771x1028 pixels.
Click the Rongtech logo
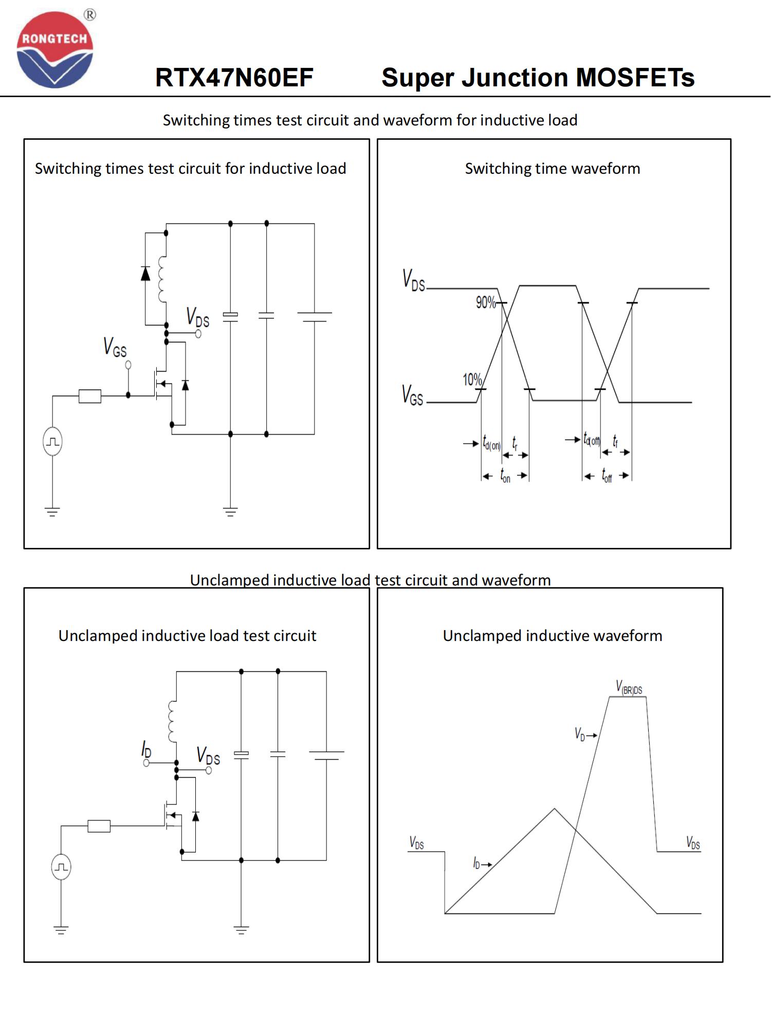[x=55, y=50]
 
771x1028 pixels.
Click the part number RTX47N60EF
[x=234, y=78]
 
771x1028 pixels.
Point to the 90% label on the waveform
[x=485, y=302]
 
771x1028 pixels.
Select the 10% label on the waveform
[x=472, y=380]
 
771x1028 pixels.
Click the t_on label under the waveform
[x=505, y=475]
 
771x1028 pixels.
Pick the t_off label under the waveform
[x=607, y=475]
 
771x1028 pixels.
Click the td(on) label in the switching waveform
[x=491, y=443]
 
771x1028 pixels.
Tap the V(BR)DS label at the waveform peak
[x=629, y=687]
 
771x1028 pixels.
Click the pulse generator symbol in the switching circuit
[x=52, y=442]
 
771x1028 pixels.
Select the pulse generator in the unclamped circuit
[x=61, y=867]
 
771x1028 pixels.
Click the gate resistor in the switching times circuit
[x=90, y=396]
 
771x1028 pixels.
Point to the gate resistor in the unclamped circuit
[x=99, y=826]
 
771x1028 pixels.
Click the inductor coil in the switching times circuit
[x=162, y=279]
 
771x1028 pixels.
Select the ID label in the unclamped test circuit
[x=146, y=750]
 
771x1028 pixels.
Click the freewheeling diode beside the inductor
[x=145, y=273]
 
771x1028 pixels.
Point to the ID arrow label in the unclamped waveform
[x=482, y=864]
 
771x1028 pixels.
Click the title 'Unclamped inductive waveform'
[x=552, y=636]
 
